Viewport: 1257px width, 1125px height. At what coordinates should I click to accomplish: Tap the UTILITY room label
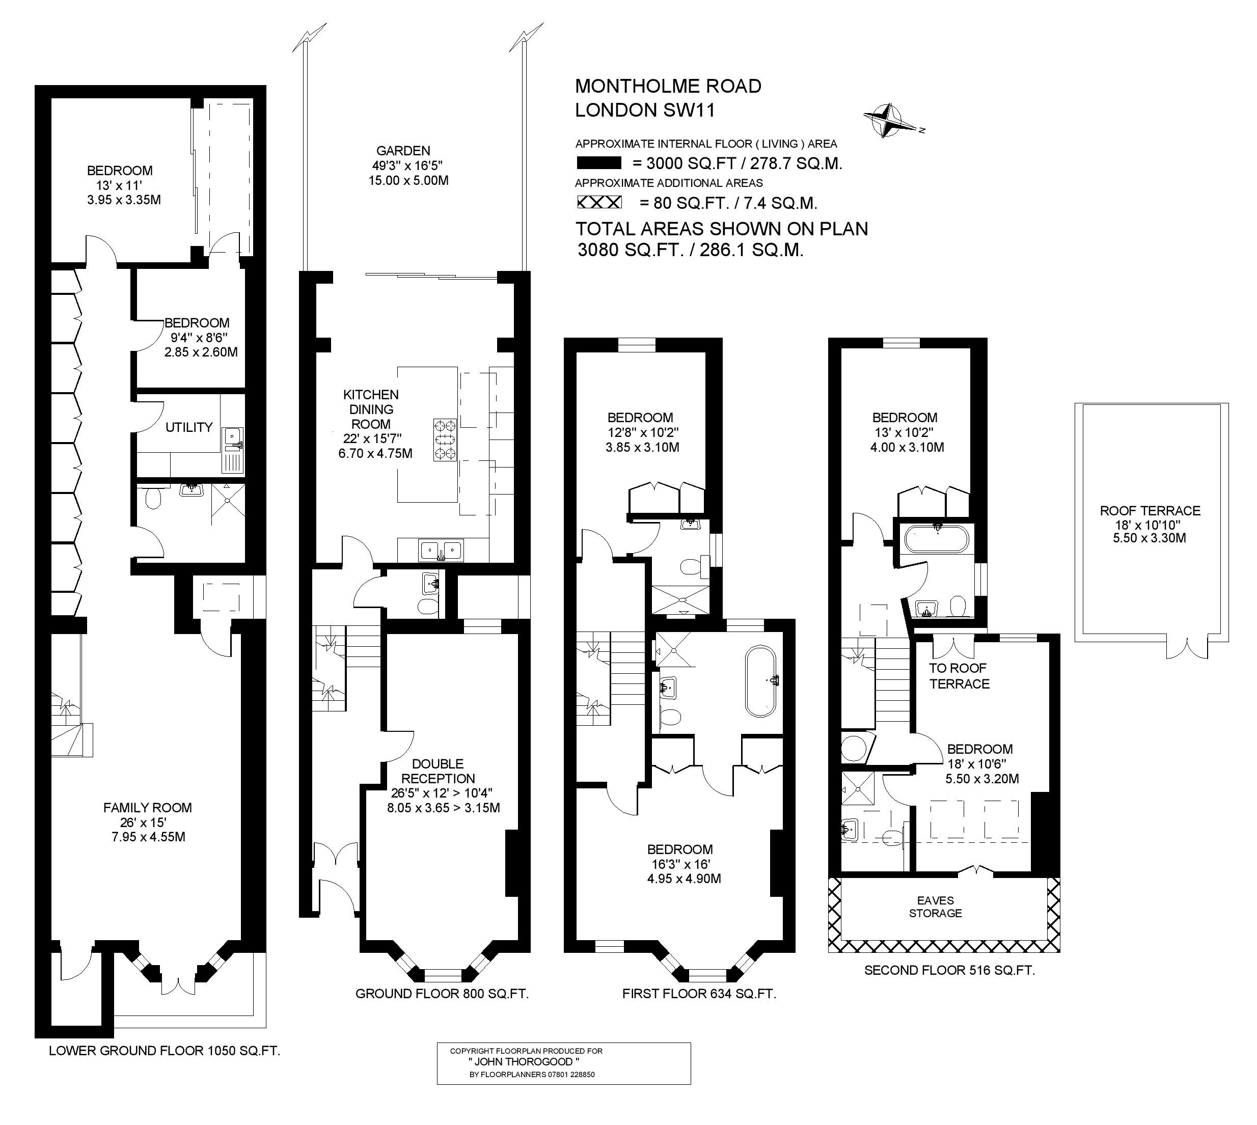click(188, 427)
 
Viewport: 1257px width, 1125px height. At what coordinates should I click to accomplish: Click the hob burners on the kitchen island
click(445, 440)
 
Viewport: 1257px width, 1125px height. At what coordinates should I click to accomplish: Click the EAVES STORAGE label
click(935, 907)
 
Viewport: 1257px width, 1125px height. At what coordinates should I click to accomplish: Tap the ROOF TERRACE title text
click(1150, 511)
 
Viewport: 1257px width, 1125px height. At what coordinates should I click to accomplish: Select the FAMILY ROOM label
click(147, 807)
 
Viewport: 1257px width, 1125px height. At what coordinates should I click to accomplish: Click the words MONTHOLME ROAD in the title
click(668, 86)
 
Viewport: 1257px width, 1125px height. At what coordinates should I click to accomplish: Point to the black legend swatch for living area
click(598, 163)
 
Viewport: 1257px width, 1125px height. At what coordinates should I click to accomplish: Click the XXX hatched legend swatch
click(599, 202)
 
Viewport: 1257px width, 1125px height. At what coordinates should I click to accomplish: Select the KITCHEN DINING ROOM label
click(371, 409)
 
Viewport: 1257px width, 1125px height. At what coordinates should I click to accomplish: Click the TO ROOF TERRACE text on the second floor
click(959, 676)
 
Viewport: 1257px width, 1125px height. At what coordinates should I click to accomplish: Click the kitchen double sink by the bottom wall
click(441, 549)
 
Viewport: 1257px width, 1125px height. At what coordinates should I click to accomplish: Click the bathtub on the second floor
click(936, 538)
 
